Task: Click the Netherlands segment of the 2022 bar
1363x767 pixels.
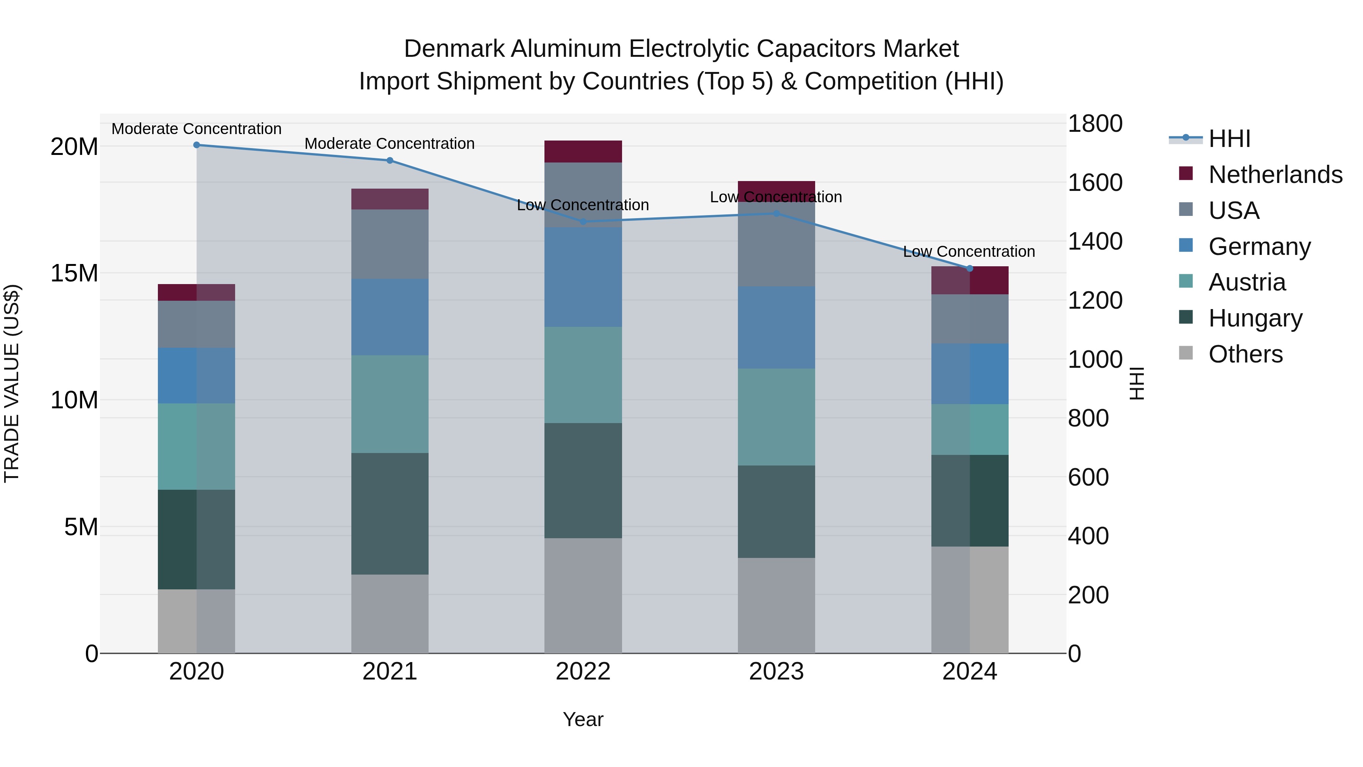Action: click(583, 152)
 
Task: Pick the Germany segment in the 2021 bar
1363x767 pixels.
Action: click(390, 317)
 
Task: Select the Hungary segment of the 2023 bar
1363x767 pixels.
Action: click(776, 511)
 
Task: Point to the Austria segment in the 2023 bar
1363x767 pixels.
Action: click(776, 417)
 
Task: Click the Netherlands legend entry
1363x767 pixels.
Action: click(1275, 175)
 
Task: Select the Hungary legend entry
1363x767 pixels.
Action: click(1255, 318)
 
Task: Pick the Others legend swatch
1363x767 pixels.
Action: click(1186, 353)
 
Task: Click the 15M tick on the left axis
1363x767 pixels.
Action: click(74, 273)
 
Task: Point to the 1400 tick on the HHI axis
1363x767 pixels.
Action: click(1095, 241)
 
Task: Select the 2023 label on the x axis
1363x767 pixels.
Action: click(776, 672)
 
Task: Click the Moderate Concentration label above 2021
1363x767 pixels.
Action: click(390, 144)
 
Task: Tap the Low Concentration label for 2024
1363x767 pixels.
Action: click(969, 252)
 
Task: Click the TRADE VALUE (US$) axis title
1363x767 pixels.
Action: click(12, 383)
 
